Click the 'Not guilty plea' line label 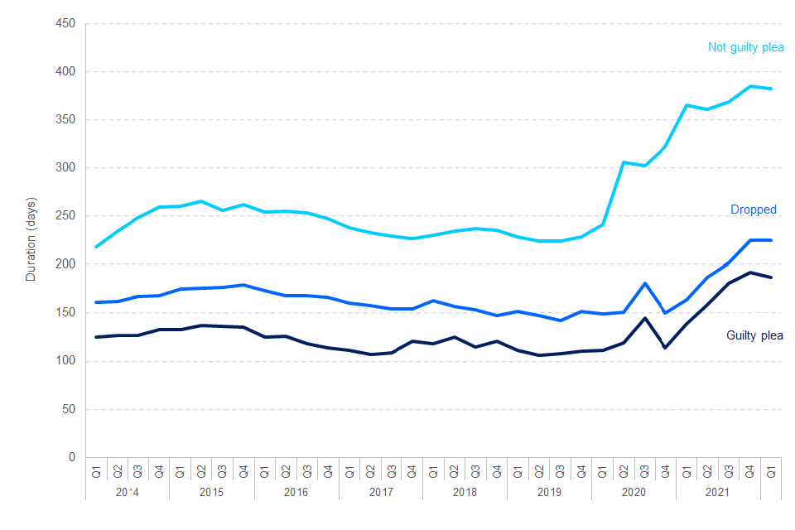click(745, 47)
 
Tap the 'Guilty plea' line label click(754, 335)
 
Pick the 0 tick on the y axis click(72, 457)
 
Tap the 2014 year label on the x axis click(128, 492)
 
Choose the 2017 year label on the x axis click(381, 492)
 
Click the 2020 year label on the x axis click(634, 492)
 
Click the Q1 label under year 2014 click(96, 474)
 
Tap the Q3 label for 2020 click(645, 474)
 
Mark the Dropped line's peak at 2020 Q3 click(645, 283)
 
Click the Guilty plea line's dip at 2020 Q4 click(666, 348)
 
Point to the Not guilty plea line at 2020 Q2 click(624, 162)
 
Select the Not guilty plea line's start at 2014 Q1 click(96, 247)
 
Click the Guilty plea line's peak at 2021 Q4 click(750, 272)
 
